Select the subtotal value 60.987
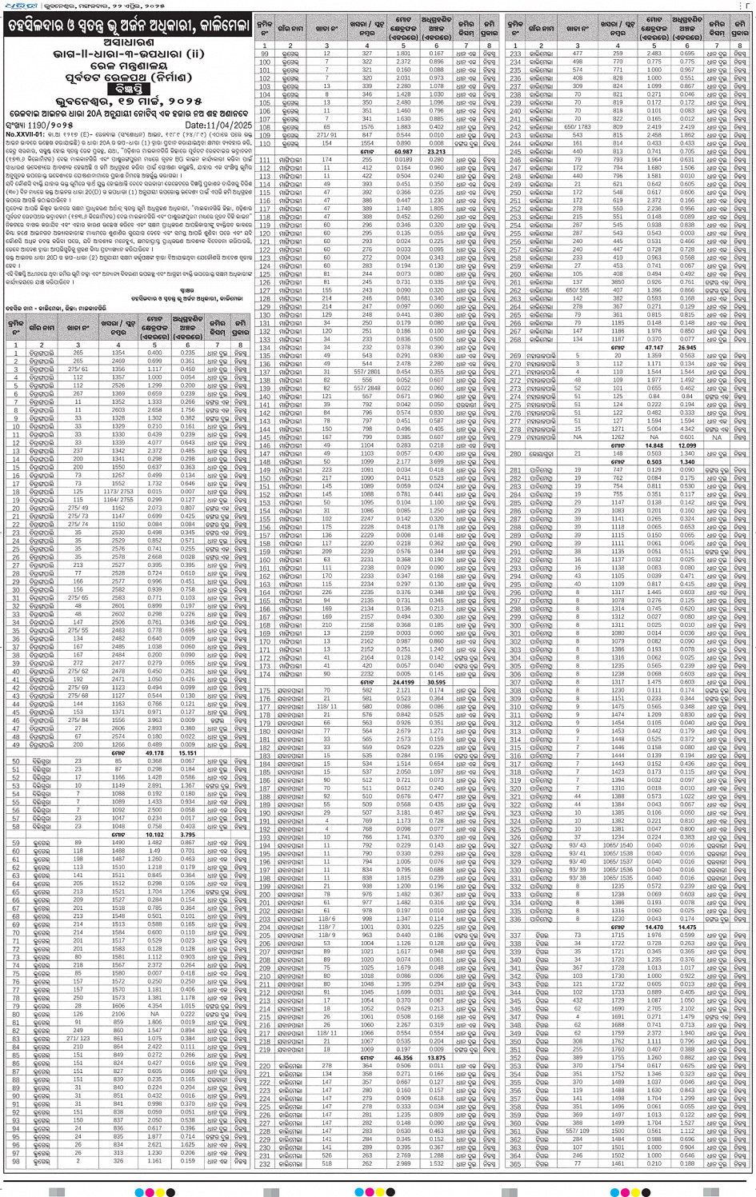click(x=403, y=151)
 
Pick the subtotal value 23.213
click(x=436, y=151)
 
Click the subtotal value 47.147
click(x=654, y=347)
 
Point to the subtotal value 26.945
click(x=686, y=347)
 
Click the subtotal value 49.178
click(x=154, y=752)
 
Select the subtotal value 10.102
click(x=154, y=834)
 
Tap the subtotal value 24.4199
click(x=402, y=681)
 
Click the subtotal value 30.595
click(x=436, y=681)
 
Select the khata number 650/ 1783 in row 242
click(x=578, y=127)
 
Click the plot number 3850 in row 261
click(x=618, y=281)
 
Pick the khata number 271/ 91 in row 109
click(x=327, y=135)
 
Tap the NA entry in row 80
click(x=154, y=1013)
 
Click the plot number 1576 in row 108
click(x=367, y=127)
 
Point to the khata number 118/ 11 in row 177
click(x=327, y=706)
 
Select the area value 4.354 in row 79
click(x=154, y=1005)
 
